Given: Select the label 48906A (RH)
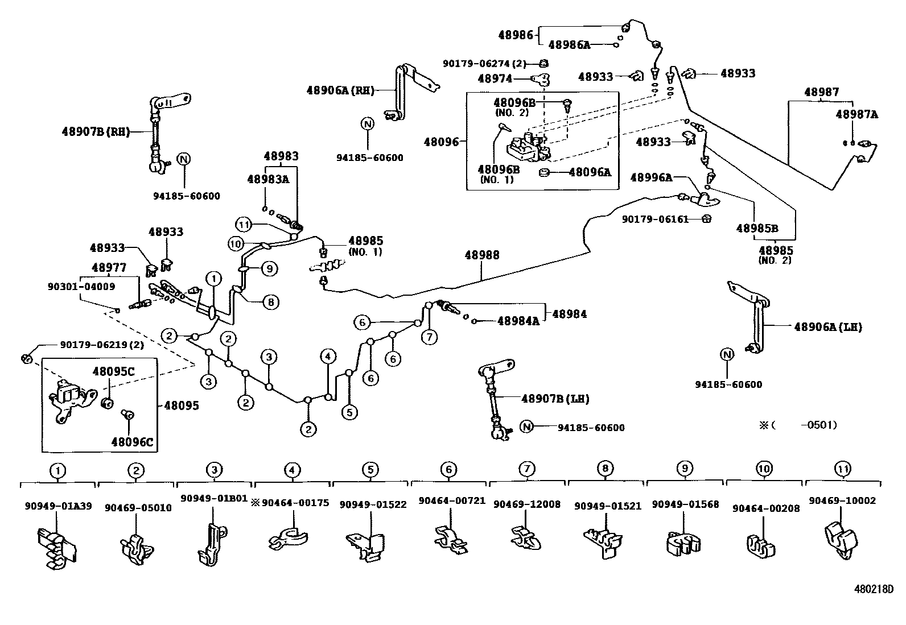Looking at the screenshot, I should pos(340,90).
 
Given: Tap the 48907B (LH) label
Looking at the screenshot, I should pos(555,399).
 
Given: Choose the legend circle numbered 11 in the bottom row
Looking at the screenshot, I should pos(842,469).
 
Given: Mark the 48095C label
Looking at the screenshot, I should pos(114,371).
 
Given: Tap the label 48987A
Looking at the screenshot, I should pos(856,114).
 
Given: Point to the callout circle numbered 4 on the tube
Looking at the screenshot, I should pos(328,357).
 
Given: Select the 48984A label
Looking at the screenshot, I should pos(518,321).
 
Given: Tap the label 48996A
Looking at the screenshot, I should pos(651,177).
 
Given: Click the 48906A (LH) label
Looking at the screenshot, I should pos(828,327).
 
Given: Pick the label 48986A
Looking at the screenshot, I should pos(569,44).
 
